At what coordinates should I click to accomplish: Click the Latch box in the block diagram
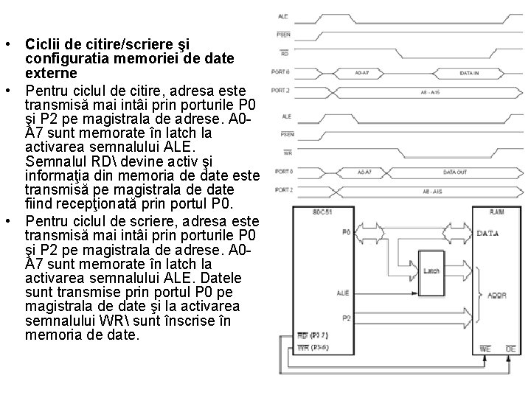pyautogui.click(x=431, y=270)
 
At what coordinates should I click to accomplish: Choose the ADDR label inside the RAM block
pyautogui.click(x=497, y=296)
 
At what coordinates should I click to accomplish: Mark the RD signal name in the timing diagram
pyautogui.click(x=284, y=53)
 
